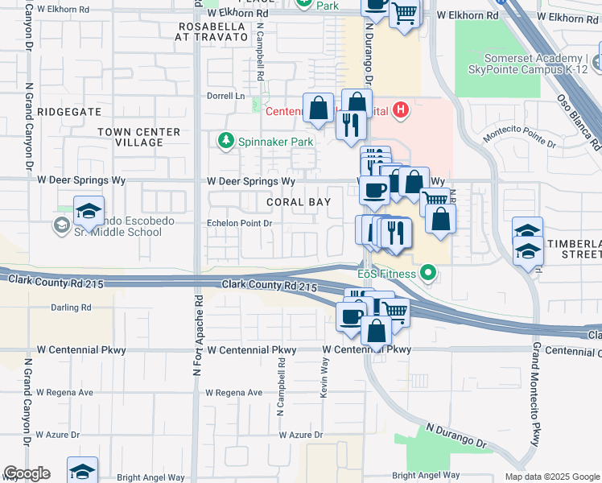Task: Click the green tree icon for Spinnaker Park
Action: pyautogui.click(x=227, y=141)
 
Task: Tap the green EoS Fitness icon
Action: pyautogui.click(x=428, y=275)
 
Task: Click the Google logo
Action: pyautogui.click(x=27, y=473)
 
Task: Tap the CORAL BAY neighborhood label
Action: pyautogui.click(x=299, y=202)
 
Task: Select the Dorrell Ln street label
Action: pyautogui.click(x=226, y=95)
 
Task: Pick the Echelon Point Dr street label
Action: pyautogui.click(x=240, y=223)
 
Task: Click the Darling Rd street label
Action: pyautogui.click(x=71, y=308)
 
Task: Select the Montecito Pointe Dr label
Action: pyautogui.click(x=519, y=138)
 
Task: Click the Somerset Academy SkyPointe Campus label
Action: pyautogui.click(x=541, y=64)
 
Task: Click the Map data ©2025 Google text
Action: pyautogui.click(x=551, y=477)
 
